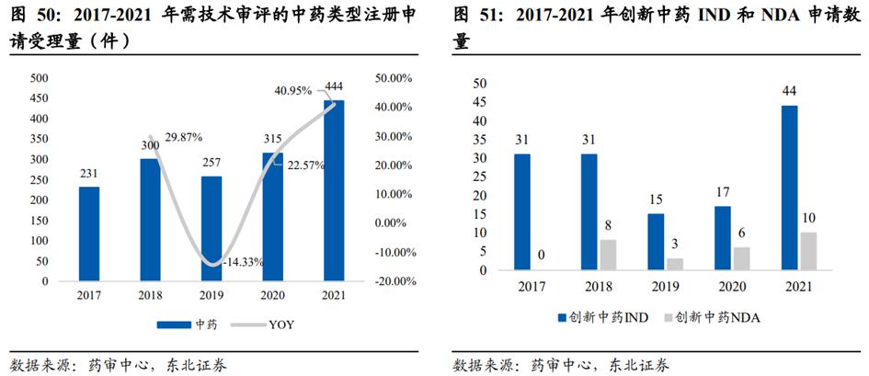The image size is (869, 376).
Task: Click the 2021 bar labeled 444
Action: (x=334, y=190)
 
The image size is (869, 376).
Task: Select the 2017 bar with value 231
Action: (x=89, y=234)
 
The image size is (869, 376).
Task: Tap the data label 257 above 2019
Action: (x=212, y=163)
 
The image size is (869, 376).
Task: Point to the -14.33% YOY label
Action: (x=242, y=262)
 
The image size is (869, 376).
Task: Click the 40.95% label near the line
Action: (x=294, y=90)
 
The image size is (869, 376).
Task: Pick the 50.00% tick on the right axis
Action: (x=395, y=78)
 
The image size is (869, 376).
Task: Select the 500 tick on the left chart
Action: (x=40, y=78)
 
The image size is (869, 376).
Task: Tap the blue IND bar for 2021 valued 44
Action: (x=789, y=188)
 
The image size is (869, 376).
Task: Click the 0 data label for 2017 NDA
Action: (x=542, y=255)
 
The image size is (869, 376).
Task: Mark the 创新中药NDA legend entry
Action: (x=714, y=317)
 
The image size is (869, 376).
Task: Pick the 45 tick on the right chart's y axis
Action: (x=478, y=101)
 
